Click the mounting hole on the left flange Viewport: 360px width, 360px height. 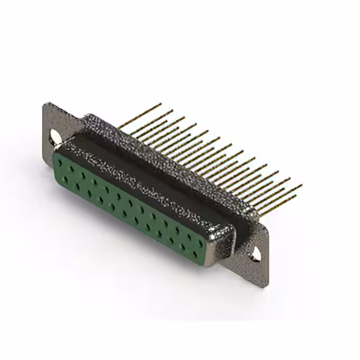pos(55,136)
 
